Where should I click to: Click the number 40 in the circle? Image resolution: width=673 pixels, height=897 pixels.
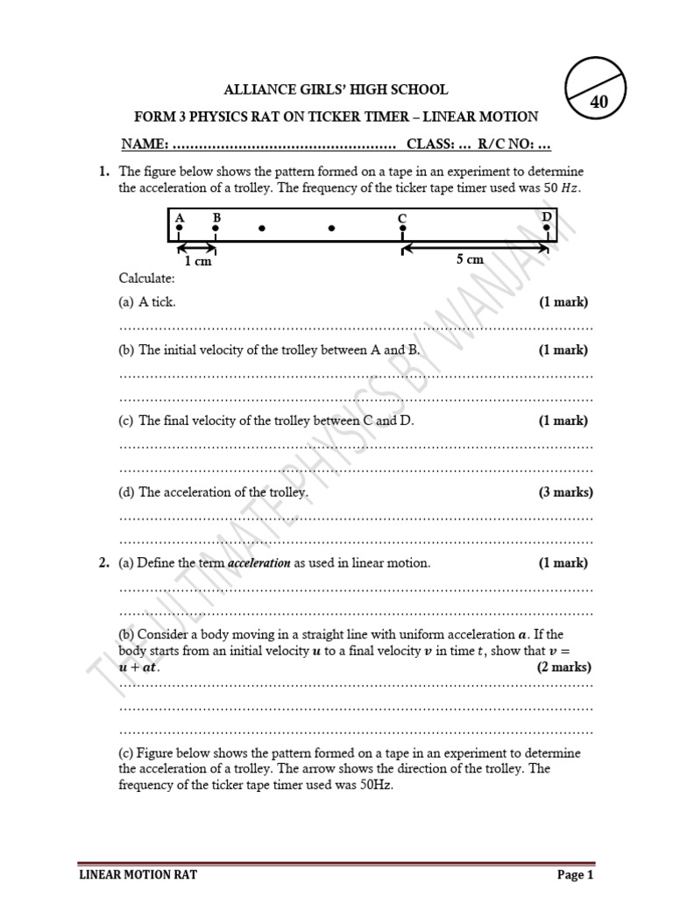pyautogui.click(x=599, y=102)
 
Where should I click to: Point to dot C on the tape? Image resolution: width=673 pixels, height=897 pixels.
pyautogui.click(x=402, y=229)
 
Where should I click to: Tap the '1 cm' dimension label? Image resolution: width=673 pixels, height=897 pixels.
pyautogui.click(x=197, y=261)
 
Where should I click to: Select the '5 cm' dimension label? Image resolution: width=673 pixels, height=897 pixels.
pyautogui.click(x=470, y=259)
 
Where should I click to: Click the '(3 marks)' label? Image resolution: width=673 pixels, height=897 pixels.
pyautogui.click(x=565, y=492)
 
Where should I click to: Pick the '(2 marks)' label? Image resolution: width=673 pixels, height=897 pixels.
pyautogui.click(x=564, y=667)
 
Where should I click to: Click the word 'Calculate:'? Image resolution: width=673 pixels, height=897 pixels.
pyautogui.click(x=147, y=278)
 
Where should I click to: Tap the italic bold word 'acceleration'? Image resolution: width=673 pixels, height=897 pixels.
pyautogui.click(x=259, y=563)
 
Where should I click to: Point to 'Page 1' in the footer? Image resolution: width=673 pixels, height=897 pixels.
pyautogui.click(x=576, y=874)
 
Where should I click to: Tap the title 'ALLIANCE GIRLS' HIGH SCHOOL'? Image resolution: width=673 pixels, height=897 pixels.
pyautogui.click(x=336, y=89)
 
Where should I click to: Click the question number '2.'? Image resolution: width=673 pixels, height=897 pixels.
pyautogui.click(x=103, y=563)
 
